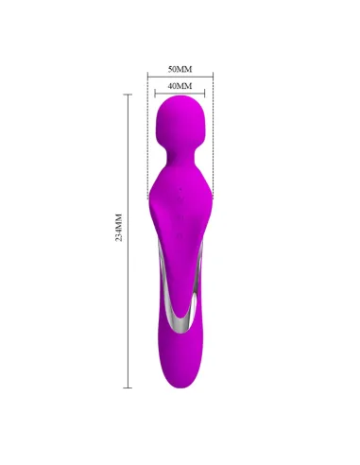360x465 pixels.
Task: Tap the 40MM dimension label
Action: (x=180, y=86)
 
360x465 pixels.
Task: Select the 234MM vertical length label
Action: (x=119, y=240)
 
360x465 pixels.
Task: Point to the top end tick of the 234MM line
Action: (x=128, y=95)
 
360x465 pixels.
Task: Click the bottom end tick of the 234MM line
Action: (x=128, y=387)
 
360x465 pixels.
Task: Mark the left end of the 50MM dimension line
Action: (x=148, y=77)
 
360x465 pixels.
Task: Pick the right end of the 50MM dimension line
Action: (x=213, y=77)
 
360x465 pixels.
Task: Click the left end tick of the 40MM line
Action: (x=158, y=93)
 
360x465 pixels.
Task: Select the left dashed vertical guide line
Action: (x=148, y=142)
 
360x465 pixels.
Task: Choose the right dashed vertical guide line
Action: (x=213, y=142)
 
